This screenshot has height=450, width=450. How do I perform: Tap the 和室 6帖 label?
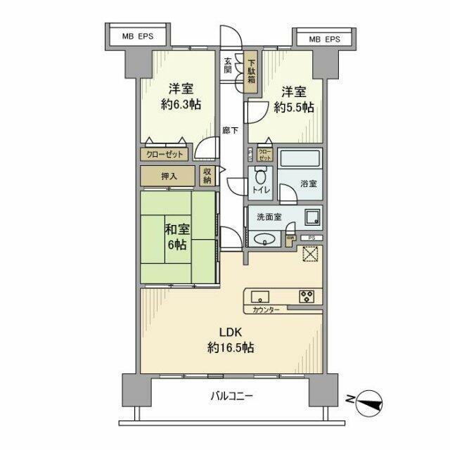click(176, 236)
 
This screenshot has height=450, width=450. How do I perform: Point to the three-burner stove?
click(307, 297)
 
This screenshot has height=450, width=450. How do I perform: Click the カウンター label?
click(262, 310)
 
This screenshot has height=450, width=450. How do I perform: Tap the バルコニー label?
click(232, 396)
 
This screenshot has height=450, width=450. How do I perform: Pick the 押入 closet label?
click(169, 176)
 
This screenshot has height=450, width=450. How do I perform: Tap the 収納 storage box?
click(208, 176)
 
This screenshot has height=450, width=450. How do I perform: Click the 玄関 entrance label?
click(229, 65)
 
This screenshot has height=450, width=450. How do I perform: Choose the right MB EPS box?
click(324, 39)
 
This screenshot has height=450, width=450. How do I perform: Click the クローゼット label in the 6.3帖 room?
click(165, 155)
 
